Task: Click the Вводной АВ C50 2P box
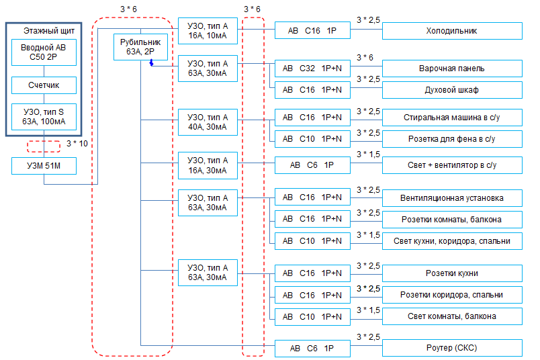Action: point(44,52)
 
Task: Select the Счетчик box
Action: point(44,85)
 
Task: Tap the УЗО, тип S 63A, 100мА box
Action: point(44,117)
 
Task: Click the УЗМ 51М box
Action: point(44,166)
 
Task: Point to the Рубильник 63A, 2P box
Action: point(140,47)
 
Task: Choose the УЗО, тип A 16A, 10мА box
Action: point(208,31)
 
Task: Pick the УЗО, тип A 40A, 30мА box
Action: point(208,122)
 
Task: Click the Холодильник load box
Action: point(452,31)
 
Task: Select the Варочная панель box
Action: point(452,69)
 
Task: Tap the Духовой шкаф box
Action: point(452,90)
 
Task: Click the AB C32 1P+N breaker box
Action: point(312,69)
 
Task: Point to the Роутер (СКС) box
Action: point(452,348)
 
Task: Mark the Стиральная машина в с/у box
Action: point(452,118)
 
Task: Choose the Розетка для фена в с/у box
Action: point(452,139)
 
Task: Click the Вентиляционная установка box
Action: point(452,198)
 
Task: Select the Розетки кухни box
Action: point(452,273)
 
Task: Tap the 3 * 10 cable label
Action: point(77,144)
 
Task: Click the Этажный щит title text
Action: point(49,31)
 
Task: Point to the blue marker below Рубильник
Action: point(151,62)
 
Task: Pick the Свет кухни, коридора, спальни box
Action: point(452,241)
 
